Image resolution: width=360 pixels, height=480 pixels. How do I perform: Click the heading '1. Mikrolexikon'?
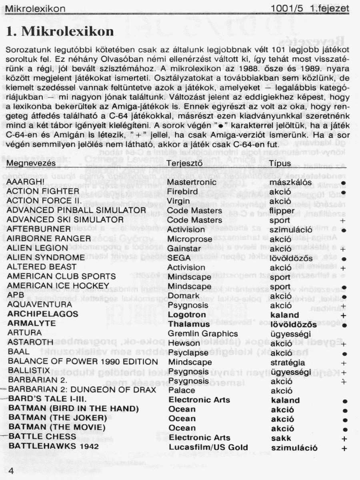(x=60, y=32)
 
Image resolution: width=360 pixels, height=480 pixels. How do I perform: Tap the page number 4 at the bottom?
(x=11, y=471)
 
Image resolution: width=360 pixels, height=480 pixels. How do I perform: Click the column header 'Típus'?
(x=280, y=164)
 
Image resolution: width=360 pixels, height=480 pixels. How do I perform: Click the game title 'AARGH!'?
(x=26, y=182)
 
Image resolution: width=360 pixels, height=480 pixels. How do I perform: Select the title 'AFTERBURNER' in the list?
(x=39, y=229)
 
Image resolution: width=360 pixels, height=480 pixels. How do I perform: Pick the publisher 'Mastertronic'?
(x=192, y=182)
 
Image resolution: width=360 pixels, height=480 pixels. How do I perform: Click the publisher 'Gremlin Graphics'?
(x=203, y=334)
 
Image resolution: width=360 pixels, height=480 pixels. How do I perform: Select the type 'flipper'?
(x=282, y=210)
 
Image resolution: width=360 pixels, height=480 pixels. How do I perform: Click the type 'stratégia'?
(x=288, y=362)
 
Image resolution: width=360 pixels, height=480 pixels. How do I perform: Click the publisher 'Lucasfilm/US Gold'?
(x=208, y=447)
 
